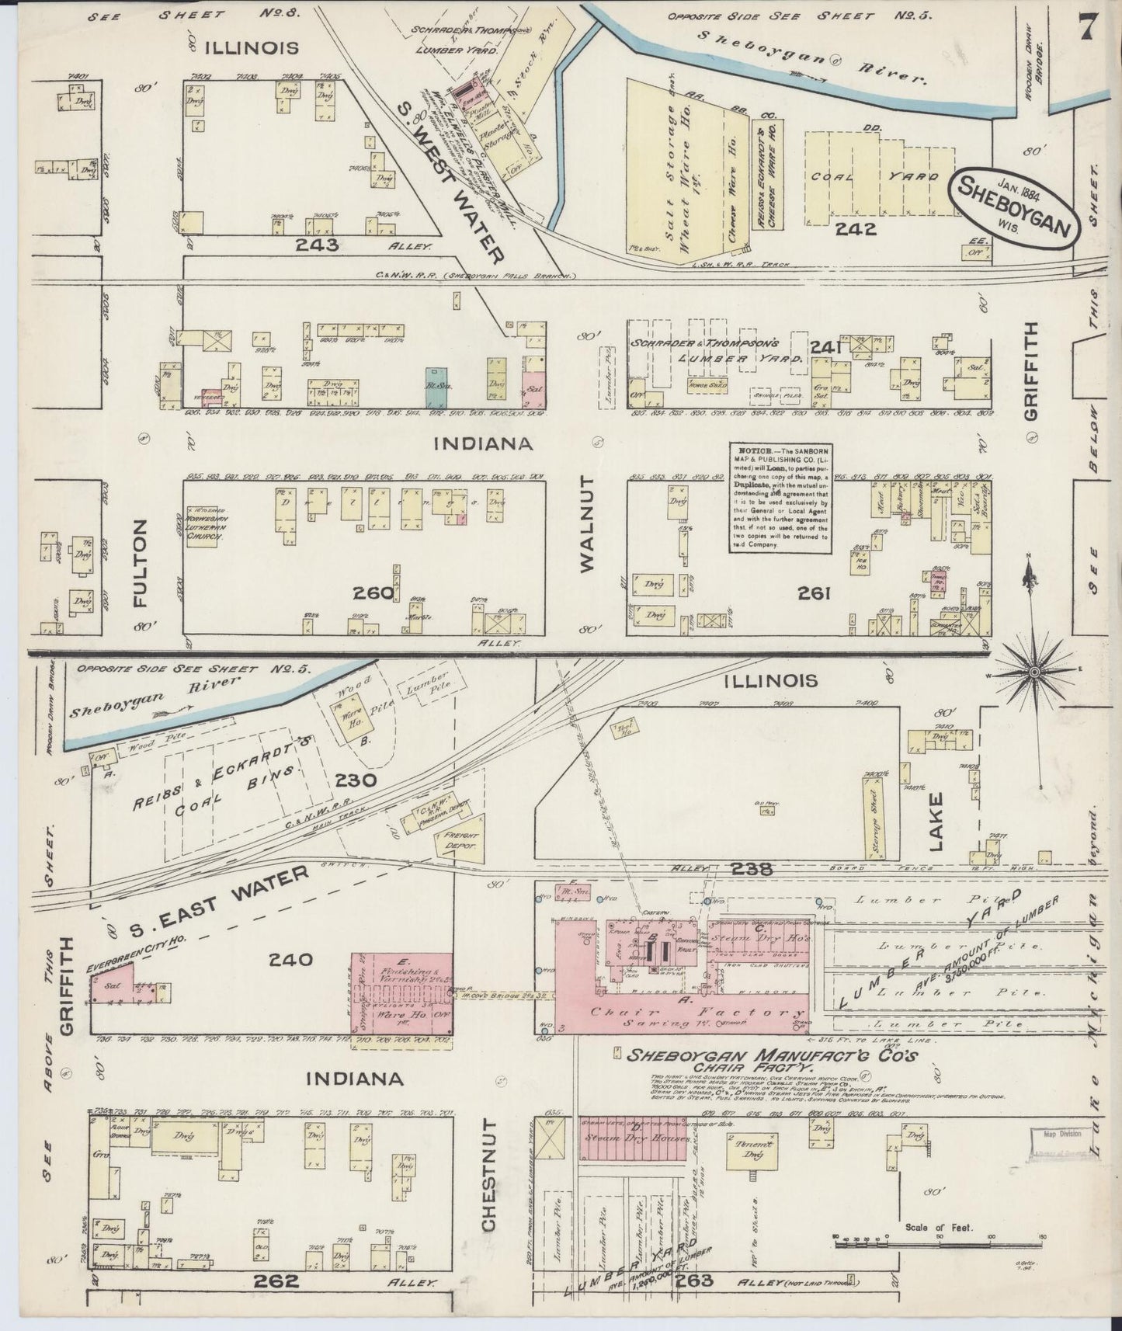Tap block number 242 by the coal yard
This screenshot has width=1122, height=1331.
point(856,228)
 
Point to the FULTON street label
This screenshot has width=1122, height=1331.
point(141,552)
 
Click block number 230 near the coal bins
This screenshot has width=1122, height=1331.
point(357,780)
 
